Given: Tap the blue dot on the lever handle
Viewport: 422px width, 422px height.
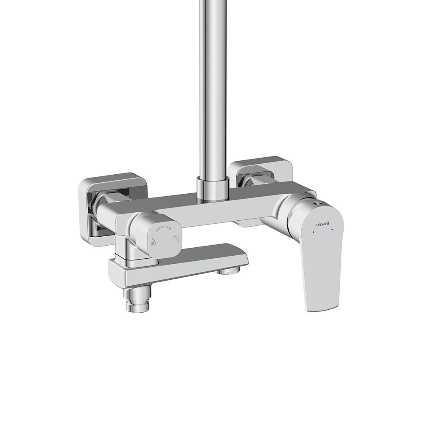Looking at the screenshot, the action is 333,230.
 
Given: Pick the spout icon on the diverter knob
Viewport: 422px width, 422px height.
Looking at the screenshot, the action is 176,238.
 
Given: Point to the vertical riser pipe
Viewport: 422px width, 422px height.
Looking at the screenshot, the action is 213,89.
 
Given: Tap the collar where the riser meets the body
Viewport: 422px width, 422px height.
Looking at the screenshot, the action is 213,188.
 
